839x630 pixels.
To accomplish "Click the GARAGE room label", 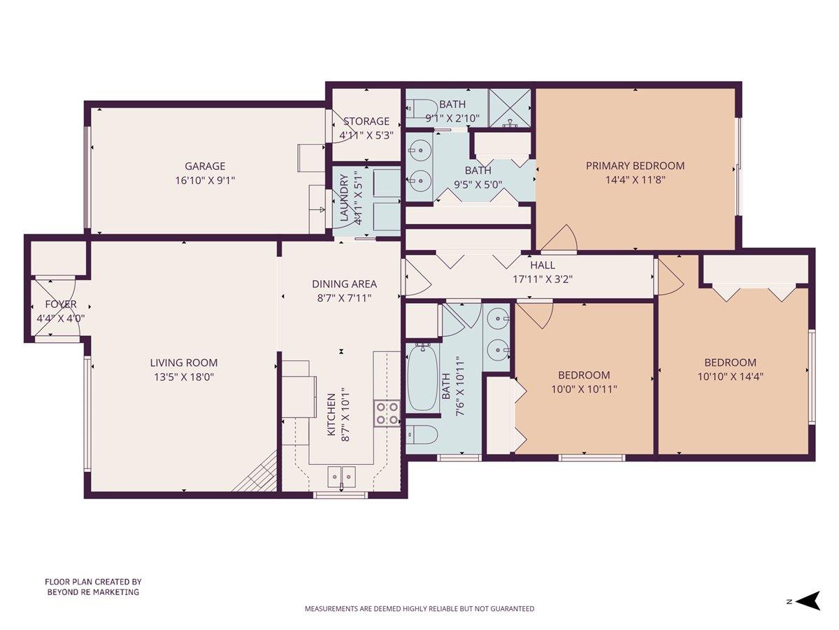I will (205, 166).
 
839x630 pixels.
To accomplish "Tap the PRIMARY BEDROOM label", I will (635, 166).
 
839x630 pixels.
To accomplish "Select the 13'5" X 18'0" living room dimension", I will (184, 377).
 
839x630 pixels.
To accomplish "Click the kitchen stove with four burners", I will (387, 412).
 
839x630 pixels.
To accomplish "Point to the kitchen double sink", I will (340, 477).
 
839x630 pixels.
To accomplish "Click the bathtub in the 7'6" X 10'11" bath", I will (422, 378).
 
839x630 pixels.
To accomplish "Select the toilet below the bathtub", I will (422, 434).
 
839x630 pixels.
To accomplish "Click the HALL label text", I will (543, 265).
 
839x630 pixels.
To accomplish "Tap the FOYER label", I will (61, 304).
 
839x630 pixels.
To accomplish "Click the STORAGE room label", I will (366, 121).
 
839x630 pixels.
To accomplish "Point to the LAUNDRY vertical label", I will (344, 198).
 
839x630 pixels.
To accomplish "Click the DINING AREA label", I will (344, 284).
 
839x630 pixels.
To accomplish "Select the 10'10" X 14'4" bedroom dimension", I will (730, 376).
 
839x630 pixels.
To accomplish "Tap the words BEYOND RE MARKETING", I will (93, 591).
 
